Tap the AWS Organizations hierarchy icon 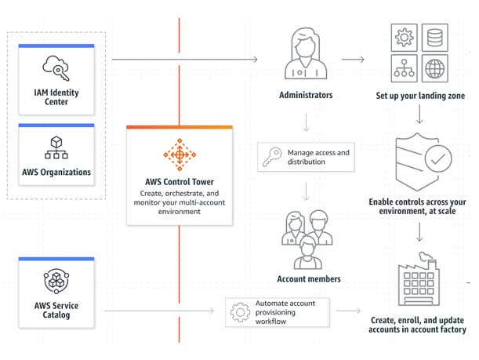(x=56, y=146)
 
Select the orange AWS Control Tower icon (x=180, y=155)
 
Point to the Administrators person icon (x=304, y=55)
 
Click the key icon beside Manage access (x=272, y=156)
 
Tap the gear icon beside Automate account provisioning (x=240, y=312)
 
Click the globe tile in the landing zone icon (x=434, y=67)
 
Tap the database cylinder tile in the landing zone (x=434, y=37)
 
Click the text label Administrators (x=306, y=96)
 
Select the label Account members (x=309, y=279)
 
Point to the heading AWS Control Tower (x=180, y=183)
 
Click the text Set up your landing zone (x=421, y=96)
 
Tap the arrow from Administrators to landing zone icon (x=351, y=60)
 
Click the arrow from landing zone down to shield (x=421, y=115)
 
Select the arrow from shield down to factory (x=421, y=232)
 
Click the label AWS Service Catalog (x=56, y=310)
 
